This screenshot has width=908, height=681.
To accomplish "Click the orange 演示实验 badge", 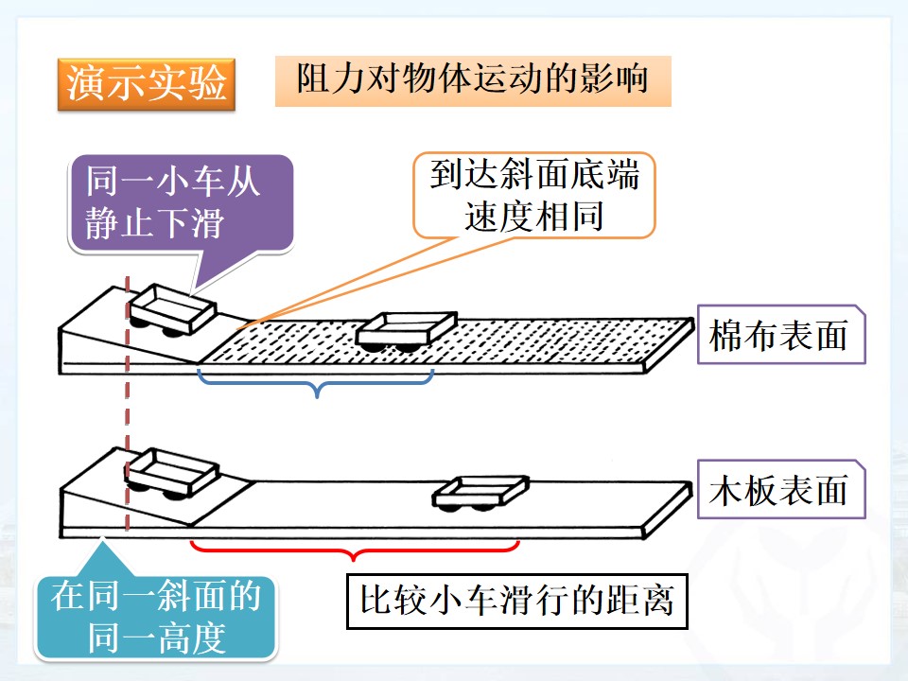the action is click(x=147, y=84).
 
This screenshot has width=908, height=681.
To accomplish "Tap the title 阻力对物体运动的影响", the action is click(x=473, y=80).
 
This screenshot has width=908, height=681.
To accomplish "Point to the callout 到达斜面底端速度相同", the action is click(x=533, y=195).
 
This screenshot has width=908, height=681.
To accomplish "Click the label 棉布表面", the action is click(x=780, y=335).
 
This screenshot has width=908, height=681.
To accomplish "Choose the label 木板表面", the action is click(x=780, y=489).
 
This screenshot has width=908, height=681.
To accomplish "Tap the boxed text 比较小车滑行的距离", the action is click(x=517, y=602).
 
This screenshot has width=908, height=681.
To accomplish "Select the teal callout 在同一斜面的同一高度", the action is click(x=156, y=617).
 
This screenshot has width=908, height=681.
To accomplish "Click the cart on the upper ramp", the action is click(x=172, y=310).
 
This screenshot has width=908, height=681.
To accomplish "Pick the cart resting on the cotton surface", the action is click(x=407, y=331).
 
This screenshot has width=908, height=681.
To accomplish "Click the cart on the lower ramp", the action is click(x=171, y=474).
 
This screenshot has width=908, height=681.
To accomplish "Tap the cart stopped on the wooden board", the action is click(x=480, y=493).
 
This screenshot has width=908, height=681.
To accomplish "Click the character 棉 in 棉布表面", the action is click(x=727, y=335).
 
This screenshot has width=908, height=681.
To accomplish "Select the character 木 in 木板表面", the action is click(x=727, y=490).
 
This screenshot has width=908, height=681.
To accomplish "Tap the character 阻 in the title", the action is click(x=314, y=79).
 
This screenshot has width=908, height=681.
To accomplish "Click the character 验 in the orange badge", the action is click(x=207, y=83).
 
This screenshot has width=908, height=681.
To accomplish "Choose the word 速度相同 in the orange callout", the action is click(x=533, y=217).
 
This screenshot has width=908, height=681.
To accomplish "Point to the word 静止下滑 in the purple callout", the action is click(x=154, y=223).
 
